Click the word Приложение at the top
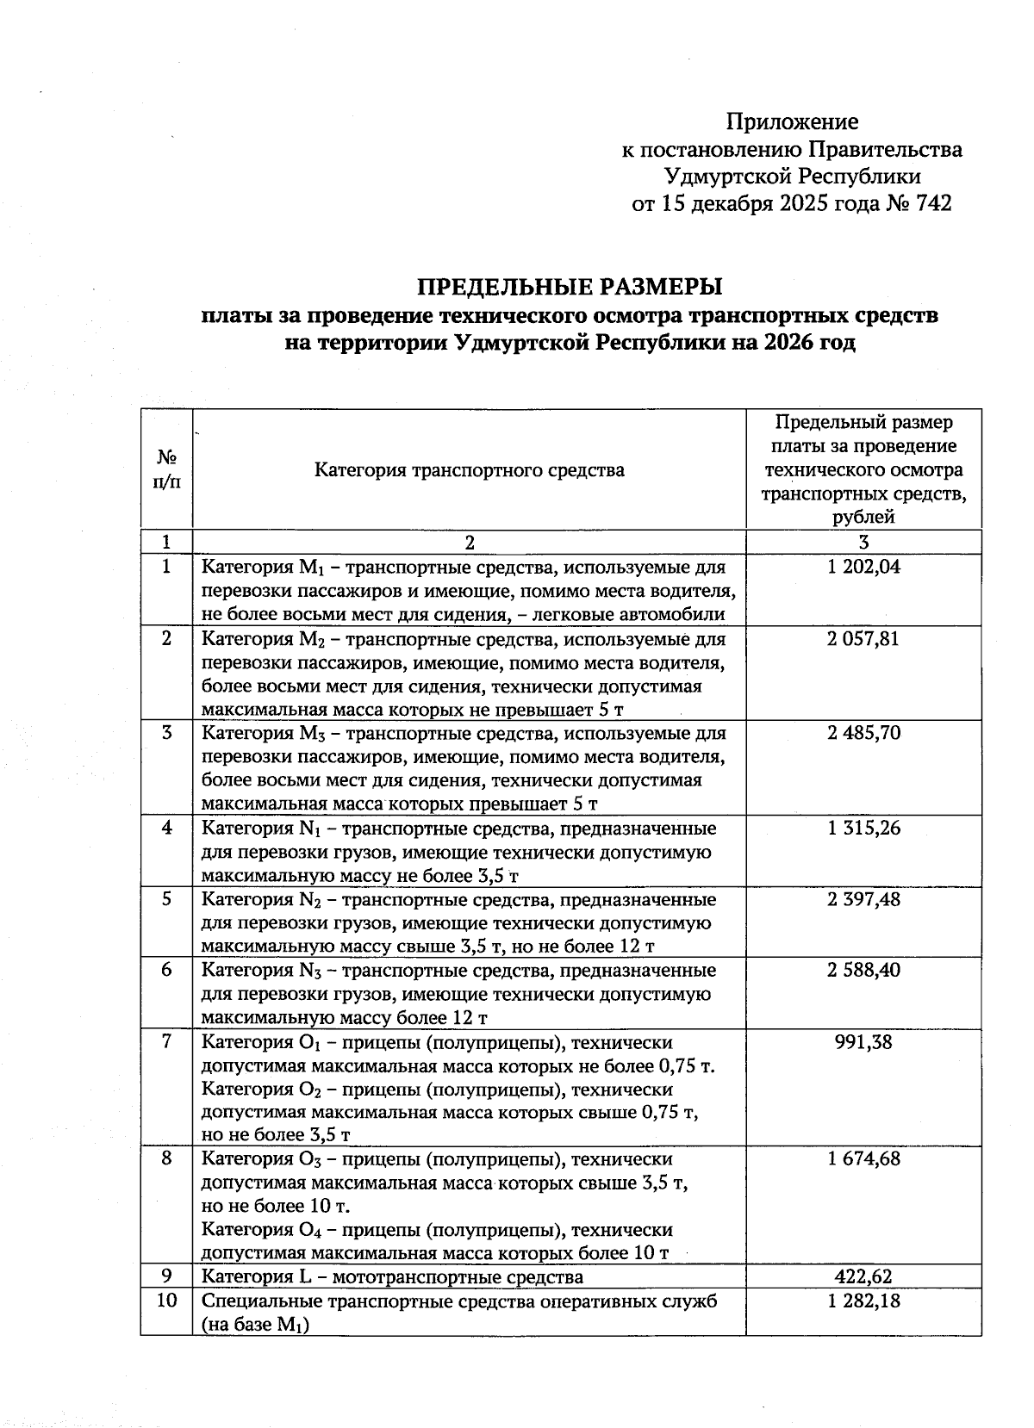(x=792, y=121)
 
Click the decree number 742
(x=934, y=204)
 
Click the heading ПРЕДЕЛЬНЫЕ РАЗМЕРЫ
(x=570, y=286)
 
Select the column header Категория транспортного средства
(x=469, y=470)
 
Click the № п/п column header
(x=166, y=469)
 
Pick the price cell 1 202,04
(x=863, y=567)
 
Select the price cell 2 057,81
(x=863, y=639)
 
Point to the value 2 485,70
(x=863, y=733)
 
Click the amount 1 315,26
(x=863, y=828)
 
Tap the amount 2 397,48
(x=863, y=899)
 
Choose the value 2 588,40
(x=863, y=971)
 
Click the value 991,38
(x=863, y=1042)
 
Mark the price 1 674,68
(x=863, y=1158)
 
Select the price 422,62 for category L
(x=863, y=1276)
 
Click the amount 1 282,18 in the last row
(x=863, y=1301)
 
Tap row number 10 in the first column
(x=166, y=1301)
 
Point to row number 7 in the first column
(x=166, y=1042)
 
